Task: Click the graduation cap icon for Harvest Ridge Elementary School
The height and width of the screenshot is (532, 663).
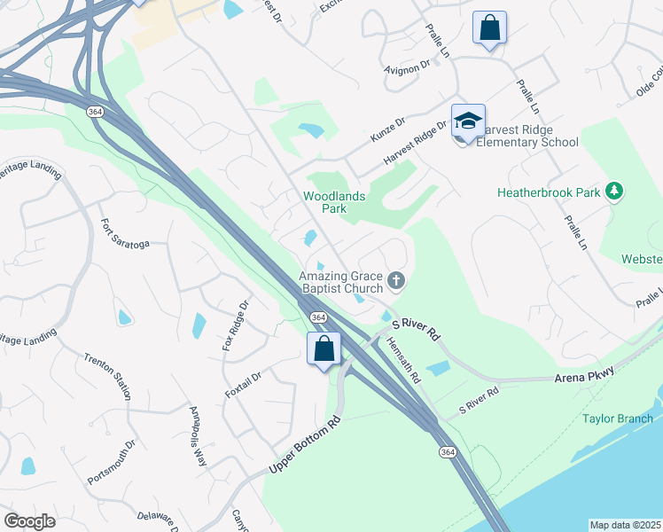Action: (x=468, y=121)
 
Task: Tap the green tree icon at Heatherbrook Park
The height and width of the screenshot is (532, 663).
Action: (x=613, y=192)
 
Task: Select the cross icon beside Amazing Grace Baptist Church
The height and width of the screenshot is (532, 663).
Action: (x=396, y=281)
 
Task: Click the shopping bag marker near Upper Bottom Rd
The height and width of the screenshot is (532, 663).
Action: (x=324, y=347)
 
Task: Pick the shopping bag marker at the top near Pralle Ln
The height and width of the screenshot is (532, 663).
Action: (x=489, y=27)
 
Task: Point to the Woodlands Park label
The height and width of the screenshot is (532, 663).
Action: (x=334, y=202)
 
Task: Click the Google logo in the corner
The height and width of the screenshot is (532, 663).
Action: (x=29, y=521)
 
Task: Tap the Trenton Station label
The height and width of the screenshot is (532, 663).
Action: (x=107, y=372)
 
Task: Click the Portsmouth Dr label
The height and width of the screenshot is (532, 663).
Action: (x=111, y=462)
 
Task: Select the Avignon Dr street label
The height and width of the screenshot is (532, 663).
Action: (x=407, y=64)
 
